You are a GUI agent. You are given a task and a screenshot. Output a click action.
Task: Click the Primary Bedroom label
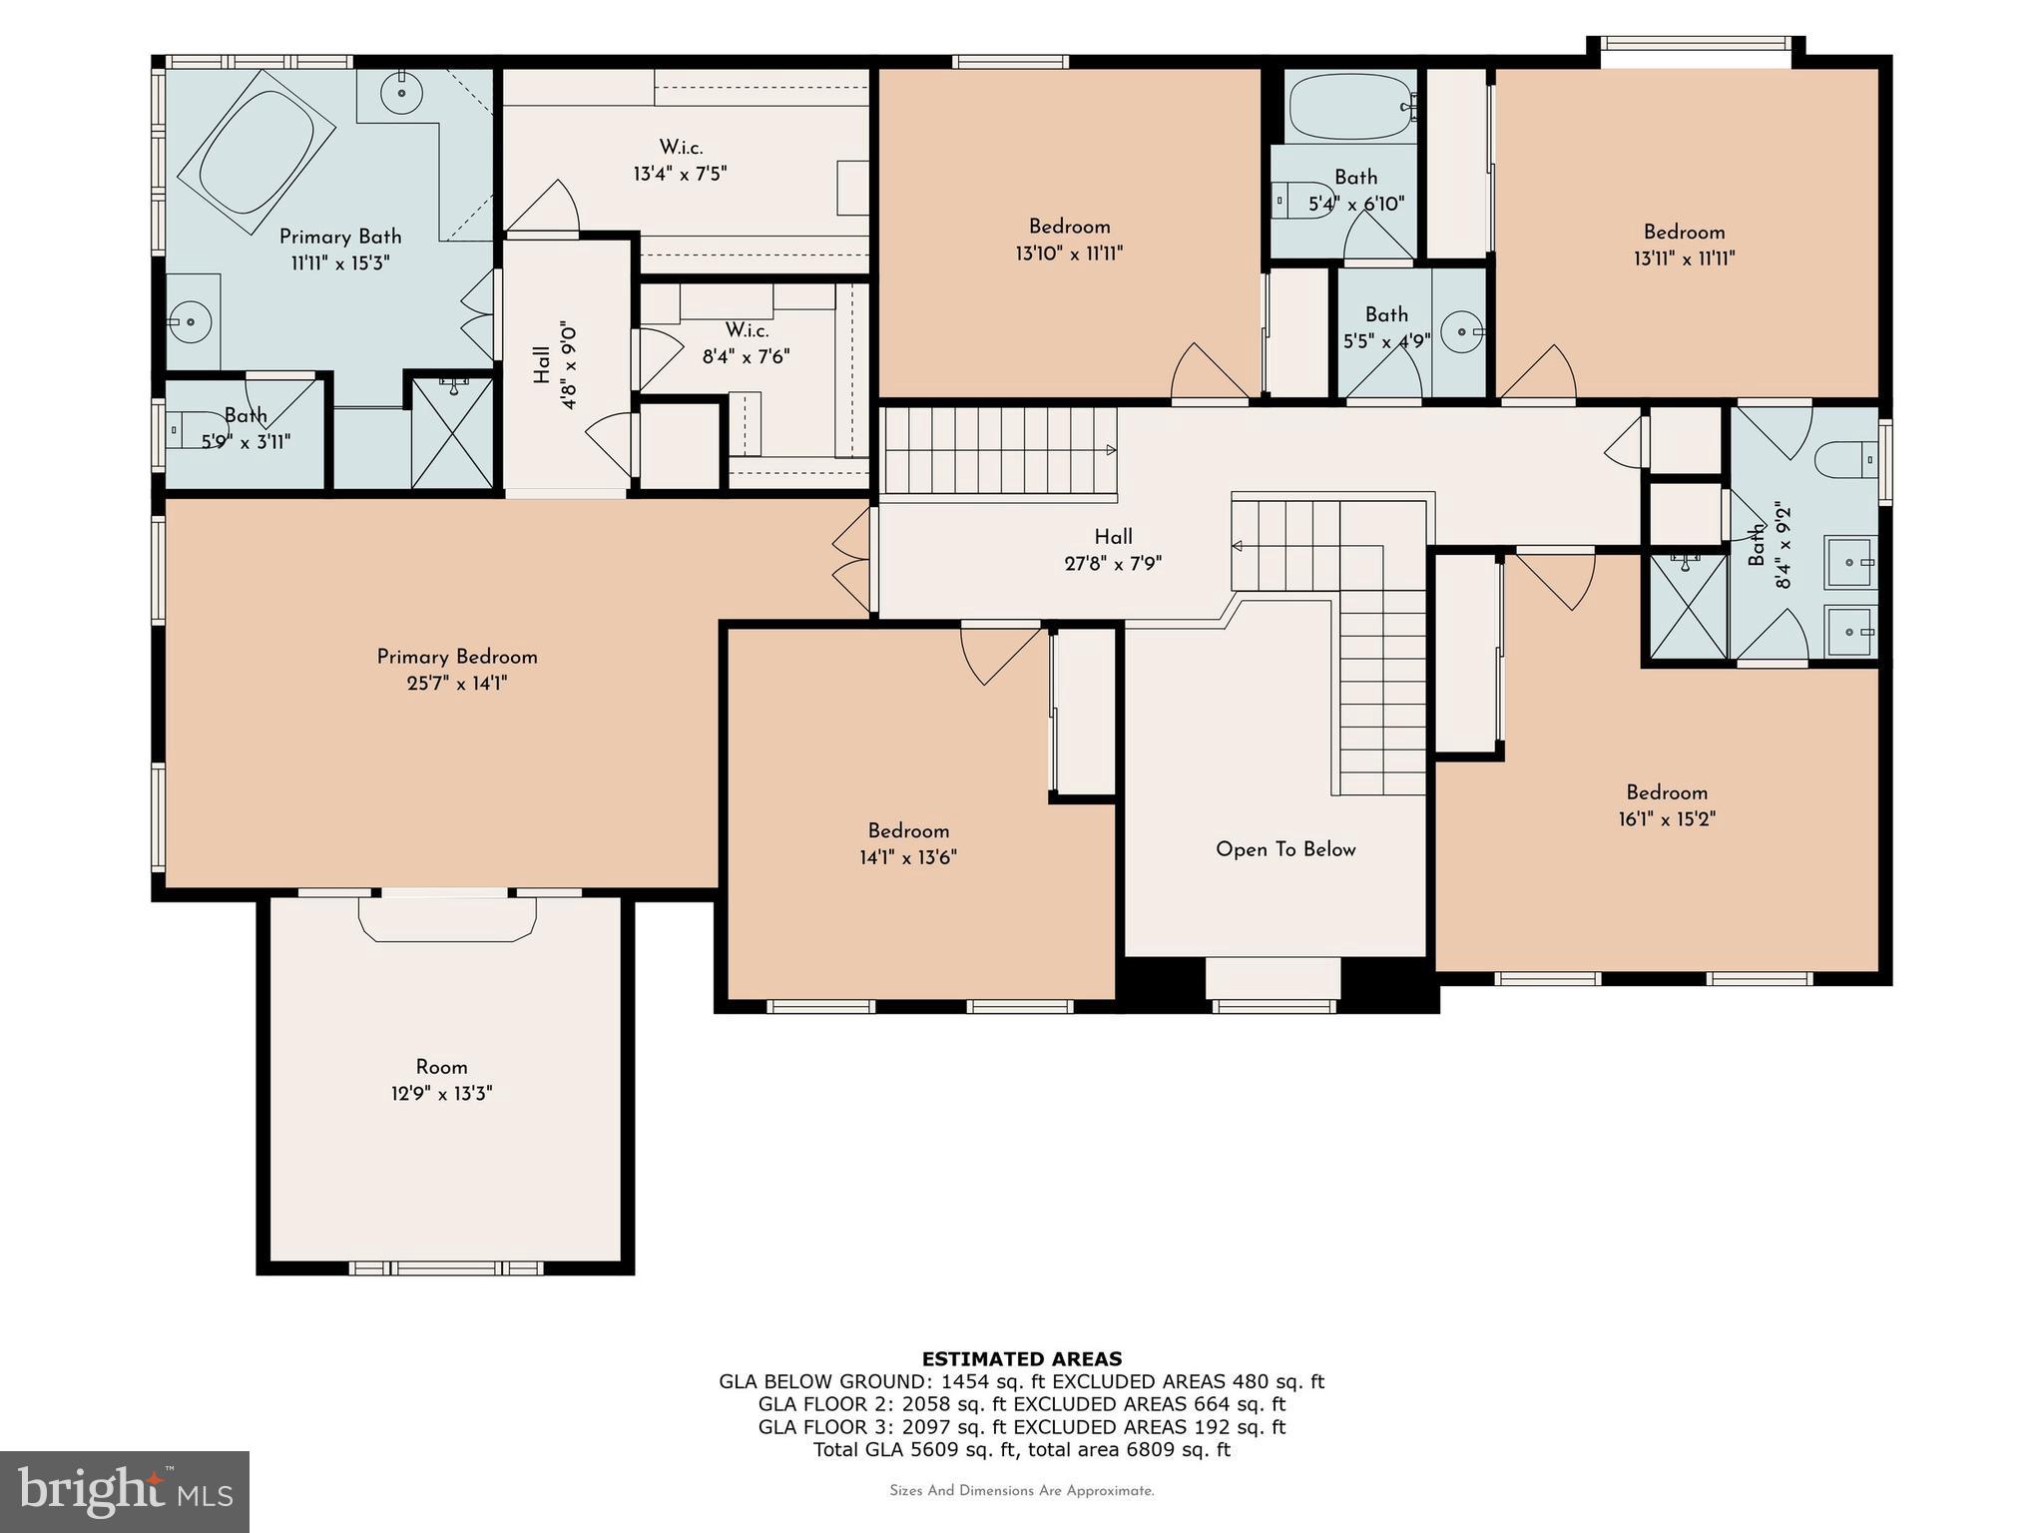pyautogui.click(x=457, y=657)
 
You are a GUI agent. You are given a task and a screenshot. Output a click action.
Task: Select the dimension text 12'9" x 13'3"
pyautogui.click(x=441, y=1094)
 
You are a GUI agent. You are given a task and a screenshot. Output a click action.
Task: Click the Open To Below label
pyautogui.click(x=1285, y=849)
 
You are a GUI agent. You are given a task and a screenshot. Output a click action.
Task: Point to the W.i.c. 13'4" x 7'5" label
pyautogui.click(x=680, y=161)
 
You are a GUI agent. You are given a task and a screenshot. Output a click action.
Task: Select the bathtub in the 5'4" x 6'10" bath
pyautogui.click(x=1349, y=107)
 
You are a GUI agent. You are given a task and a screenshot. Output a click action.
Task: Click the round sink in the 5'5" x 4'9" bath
pyautogui.click(x=1462, y=330)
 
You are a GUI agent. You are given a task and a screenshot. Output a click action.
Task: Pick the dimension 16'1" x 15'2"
pyautogui.click(x=1667, y=819)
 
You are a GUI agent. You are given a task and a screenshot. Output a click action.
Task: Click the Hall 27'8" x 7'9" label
pyautogui.click(x=1113, y=550)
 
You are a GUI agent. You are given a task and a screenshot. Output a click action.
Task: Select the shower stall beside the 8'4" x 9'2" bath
pyautogui.click(x=1687, y=607)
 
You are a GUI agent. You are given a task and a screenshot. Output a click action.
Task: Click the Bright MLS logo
pyautogui.click(x=124, y=1491)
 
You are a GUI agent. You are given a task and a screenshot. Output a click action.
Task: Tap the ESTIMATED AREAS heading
pyautogui.click(x=1021, y=1358)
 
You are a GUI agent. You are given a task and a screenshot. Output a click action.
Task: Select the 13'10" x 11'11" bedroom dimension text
pyautogui.click(x=1069, y=254)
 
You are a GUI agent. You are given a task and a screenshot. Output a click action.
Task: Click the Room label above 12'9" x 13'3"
pyautogui.click(x=441, y=1067)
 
